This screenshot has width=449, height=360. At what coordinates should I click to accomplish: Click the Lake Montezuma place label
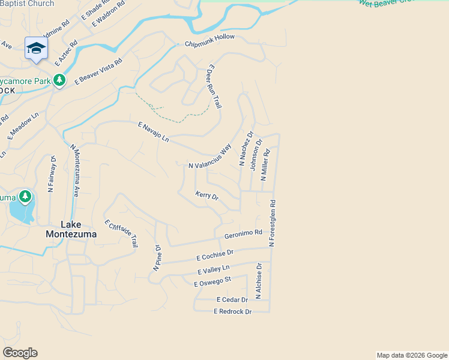(x=71, y=229)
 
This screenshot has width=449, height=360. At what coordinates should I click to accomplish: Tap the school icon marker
(x=36, y=48)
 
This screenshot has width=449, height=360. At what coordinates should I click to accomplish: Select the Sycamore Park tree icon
(x=59, y=80)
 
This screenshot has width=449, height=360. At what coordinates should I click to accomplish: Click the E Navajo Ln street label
(x=153, y=132)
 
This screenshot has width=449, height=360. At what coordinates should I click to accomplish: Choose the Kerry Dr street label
(x=207, y=196)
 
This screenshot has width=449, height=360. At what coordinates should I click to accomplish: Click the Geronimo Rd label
(x=243, y=233)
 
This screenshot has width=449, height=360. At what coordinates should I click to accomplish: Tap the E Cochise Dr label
(x=214, y=255)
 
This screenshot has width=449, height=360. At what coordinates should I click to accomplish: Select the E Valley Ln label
(x=213, y=270)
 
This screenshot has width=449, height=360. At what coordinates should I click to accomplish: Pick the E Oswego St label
(x=212, y=281)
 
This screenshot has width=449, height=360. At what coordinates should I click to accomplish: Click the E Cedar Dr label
(x=232, y=299)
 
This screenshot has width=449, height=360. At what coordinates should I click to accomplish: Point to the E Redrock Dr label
(x=232, y=311)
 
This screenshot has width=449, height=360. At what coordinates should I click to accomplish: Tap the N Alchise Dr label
(x=259, y=280)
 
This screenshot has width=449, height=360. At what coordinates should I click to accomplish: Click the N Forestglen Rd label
(x=272, y=223)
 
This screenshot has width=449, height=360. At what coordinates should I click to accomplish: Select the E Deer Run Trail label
(x=214, y=86)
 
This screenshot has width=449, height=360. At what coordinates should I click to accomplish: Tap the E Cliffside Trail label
(x=121, y=233)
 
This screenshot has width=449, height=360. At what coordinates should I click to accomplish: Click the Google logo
(x=20, y=353)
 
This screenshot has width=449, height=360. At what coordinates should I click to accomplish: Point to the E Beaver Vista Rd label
(x=98, y=70)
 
